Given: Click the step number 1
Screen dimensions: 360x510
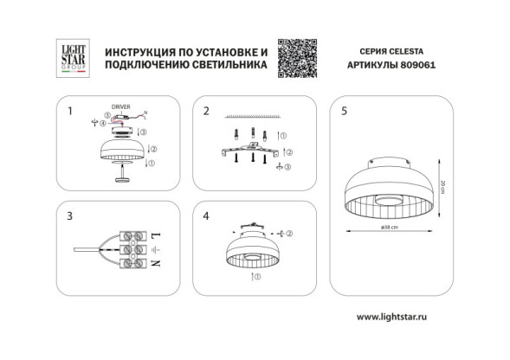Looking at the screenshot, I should click(x=70, y=111).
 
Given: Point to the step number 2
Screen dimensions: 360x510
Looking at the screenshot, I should click(x=206, y=111).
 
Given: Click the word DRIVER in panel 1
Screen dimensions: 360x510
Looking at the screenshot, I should click(x=121, y=108).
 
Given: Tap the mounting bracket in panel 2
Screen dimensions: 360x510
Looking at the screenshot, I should click(x=252, y=152).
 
